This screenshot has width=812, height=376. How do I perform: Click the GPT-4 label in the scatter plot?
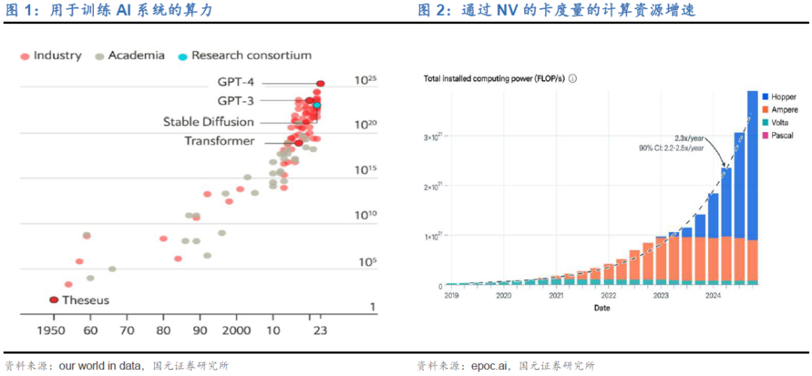[x=236, y=83]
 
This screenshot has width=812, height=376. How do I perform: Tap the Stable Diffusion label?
[x=208, y=122]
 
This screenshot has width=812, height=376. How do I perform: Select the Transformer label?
[x=220, y=141]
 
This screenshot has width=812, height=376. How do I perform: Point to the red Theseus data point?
[x=53, y=300]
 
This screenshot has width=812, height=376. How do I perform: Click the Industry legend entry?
[x=56, y=56]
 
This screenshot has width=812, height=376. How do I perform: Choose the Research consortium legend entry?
[x=250, y=56]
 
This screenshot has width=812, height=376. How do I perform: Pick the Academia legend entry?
[x=135, y=56]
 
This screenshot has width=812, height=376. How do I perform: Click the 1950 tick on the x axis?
[x=53, y=329]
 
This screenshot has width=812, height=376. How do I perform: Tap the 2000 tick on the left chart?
[x=237, y=329]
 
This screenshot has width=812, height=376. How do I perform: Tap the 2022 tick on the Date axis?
[x=608, y=296]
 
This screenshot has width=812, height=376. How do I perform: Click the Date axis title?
[x=601, y=308]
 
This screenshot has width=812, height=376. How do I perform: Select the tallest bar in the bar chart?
[x=752, y=188]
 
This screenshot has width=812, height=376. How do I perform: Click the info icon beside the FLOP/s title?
[x=573, y=78]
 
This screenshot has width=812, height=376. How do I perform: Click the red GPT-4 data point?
[x=320, y=83]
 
